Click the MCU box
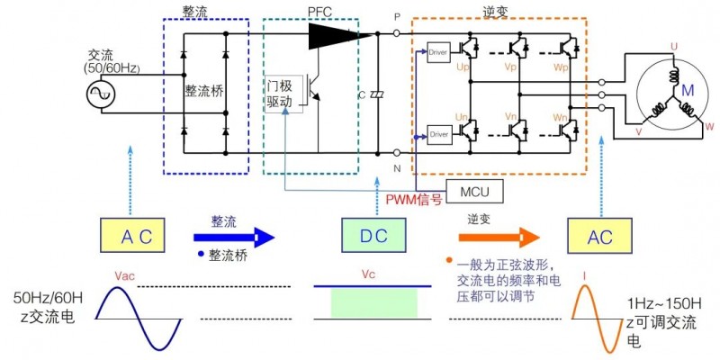click(x=473, y=192)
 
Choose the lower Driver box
click(x=438, y=135)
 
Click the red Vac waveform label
click(x=124, y=276)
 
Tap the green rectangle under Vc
click(x=373, y=303)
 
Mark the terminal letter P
click(x=397, y=15)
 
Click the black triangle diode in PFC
click(x=333, y=35)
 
